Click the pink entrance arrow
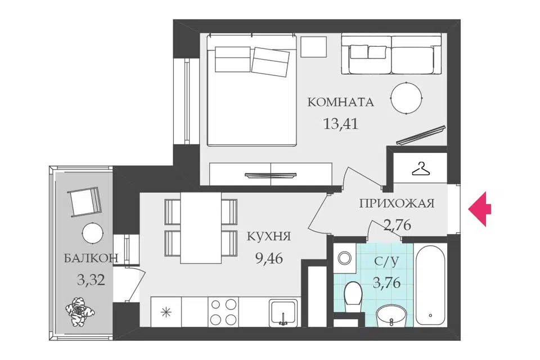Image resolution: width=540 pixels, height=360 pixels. click(x=479, y=209)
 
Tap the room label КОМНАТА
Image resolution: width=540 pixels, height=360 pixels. click(x=340, y=102)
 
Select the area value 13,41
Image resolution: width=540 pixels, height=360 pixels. click(x=341, y=123)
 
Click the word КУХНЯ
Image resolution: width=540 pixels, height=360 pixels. click(x=269, y=236)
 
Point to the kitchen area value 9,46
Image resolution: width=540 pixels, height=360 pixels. click(x=269, y=257)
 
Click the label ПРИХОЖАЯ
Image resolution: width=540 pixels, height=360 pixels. click(x=397, y=203)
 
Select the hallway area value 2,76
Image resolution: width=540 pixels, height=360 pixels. click(x=397, y=224)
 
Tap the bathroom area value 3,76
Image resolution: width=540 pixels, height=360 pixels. click(x=387, y=283)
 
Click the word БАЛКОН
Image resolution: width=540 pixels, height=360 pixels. click(x=91, y=258)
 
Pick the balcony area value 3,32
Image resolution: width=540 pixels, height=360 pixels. click(x=91, y=280)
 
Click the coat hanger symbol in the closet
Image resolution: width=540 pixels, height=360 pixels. click(x=421, y=169)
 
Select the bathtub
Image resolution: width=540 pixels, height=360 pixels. click(x=430, y=285)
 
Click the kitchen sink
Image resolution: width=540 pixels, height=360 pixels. click(x=283, y=312)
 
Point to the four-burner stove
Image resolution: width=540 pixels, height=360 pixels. click(x=223, y=312)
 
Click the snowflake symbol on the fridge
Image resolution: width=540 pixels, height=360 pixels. click(x=166, y=312)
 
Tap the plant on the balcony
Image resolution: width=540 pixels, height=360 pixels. click(x=80, y=311)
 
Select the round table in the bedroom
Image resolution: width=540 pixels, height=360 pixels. click(x=406, y=98)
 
